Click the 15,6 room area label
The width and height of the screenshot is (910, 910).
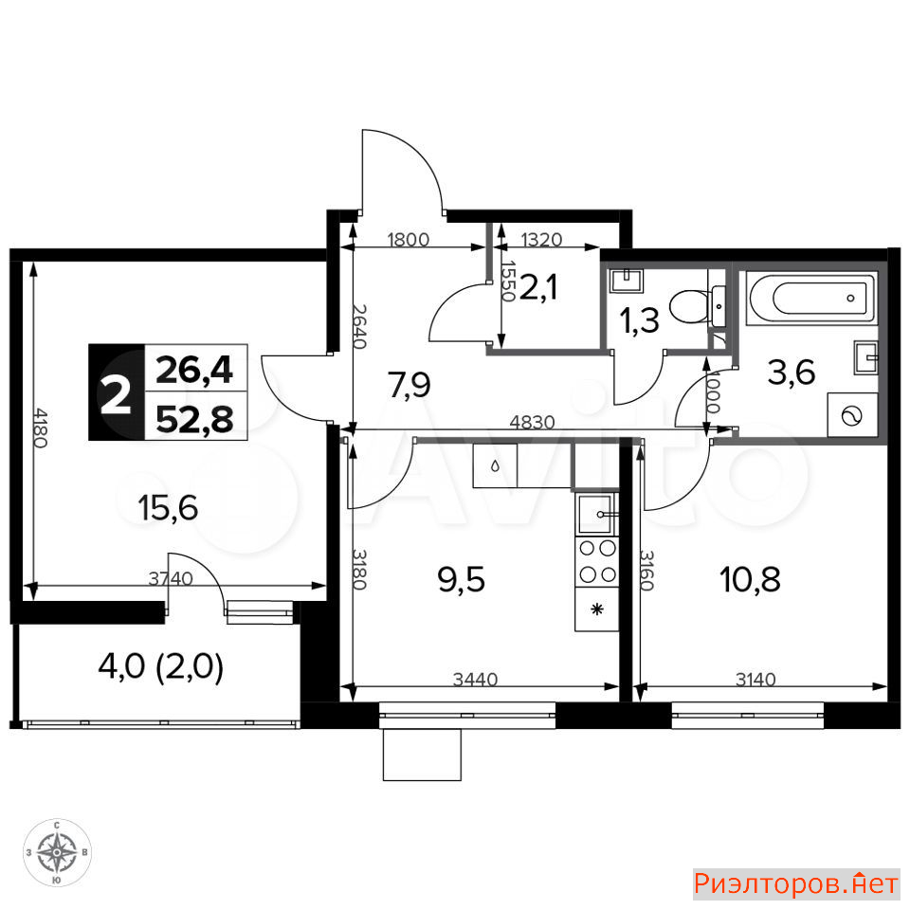(x=169, y=508)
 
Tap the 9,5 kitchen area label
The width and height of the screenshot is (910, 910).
(x=462, y=579)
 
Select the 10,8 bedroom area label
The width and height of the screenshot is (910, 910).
(x=750, y=579)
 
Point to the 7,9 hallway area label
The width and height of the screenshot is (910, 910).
(x=409, y=385)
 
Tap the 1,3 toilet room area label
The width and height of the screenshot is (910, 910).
(x=639, y=321)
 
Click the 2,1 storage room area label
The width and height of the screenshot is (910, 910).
(x=538, y=287)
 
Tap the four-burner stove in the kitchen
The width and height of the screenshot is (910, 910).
(x=597, y=561)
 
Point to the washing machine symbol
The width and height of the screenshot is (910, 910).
(x=852, y=415)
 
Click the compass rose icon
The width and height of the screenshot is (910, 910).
(x=57, y=852)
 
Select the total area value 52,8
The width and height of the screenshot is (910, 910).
(x=195, y=419)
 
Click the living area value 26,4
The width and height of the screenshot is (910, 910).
(x=193, y=370)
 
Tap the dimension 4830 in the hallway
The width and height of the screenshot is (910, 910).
(x=532, y=422)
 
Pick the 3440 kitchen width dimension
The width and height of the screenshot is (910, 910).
(x=475, y=679)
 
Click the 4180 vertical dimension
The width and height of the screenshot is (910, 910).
(x=40, y=428)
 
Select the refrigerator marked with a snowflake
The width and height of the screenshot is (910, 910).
(x=597, y=609)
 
